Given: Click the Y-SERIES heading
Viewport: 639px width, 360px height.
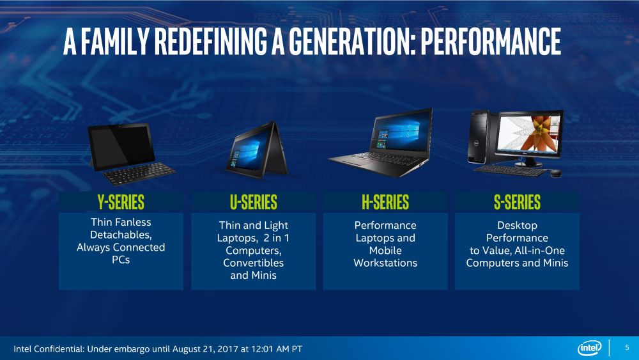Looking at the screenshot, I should click(121, 203).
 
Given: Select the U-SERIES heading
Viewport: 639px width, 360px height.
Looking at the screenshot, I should click(254, 203).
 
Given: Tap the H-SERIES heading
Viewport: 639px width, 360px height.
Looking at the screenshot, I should click(385, 203).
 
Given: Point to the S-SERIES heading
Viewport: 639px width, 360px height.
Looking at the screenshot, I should click(517, 203).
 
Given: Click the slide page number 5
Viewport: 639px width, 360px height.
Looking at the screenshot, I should click(627, 348).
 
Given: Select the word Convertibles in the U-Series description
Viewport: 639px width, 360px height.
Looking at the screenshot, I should click(254, 263).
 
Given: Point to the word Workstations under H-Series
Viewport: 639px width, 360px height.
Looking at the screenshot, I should click(385, 263).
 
